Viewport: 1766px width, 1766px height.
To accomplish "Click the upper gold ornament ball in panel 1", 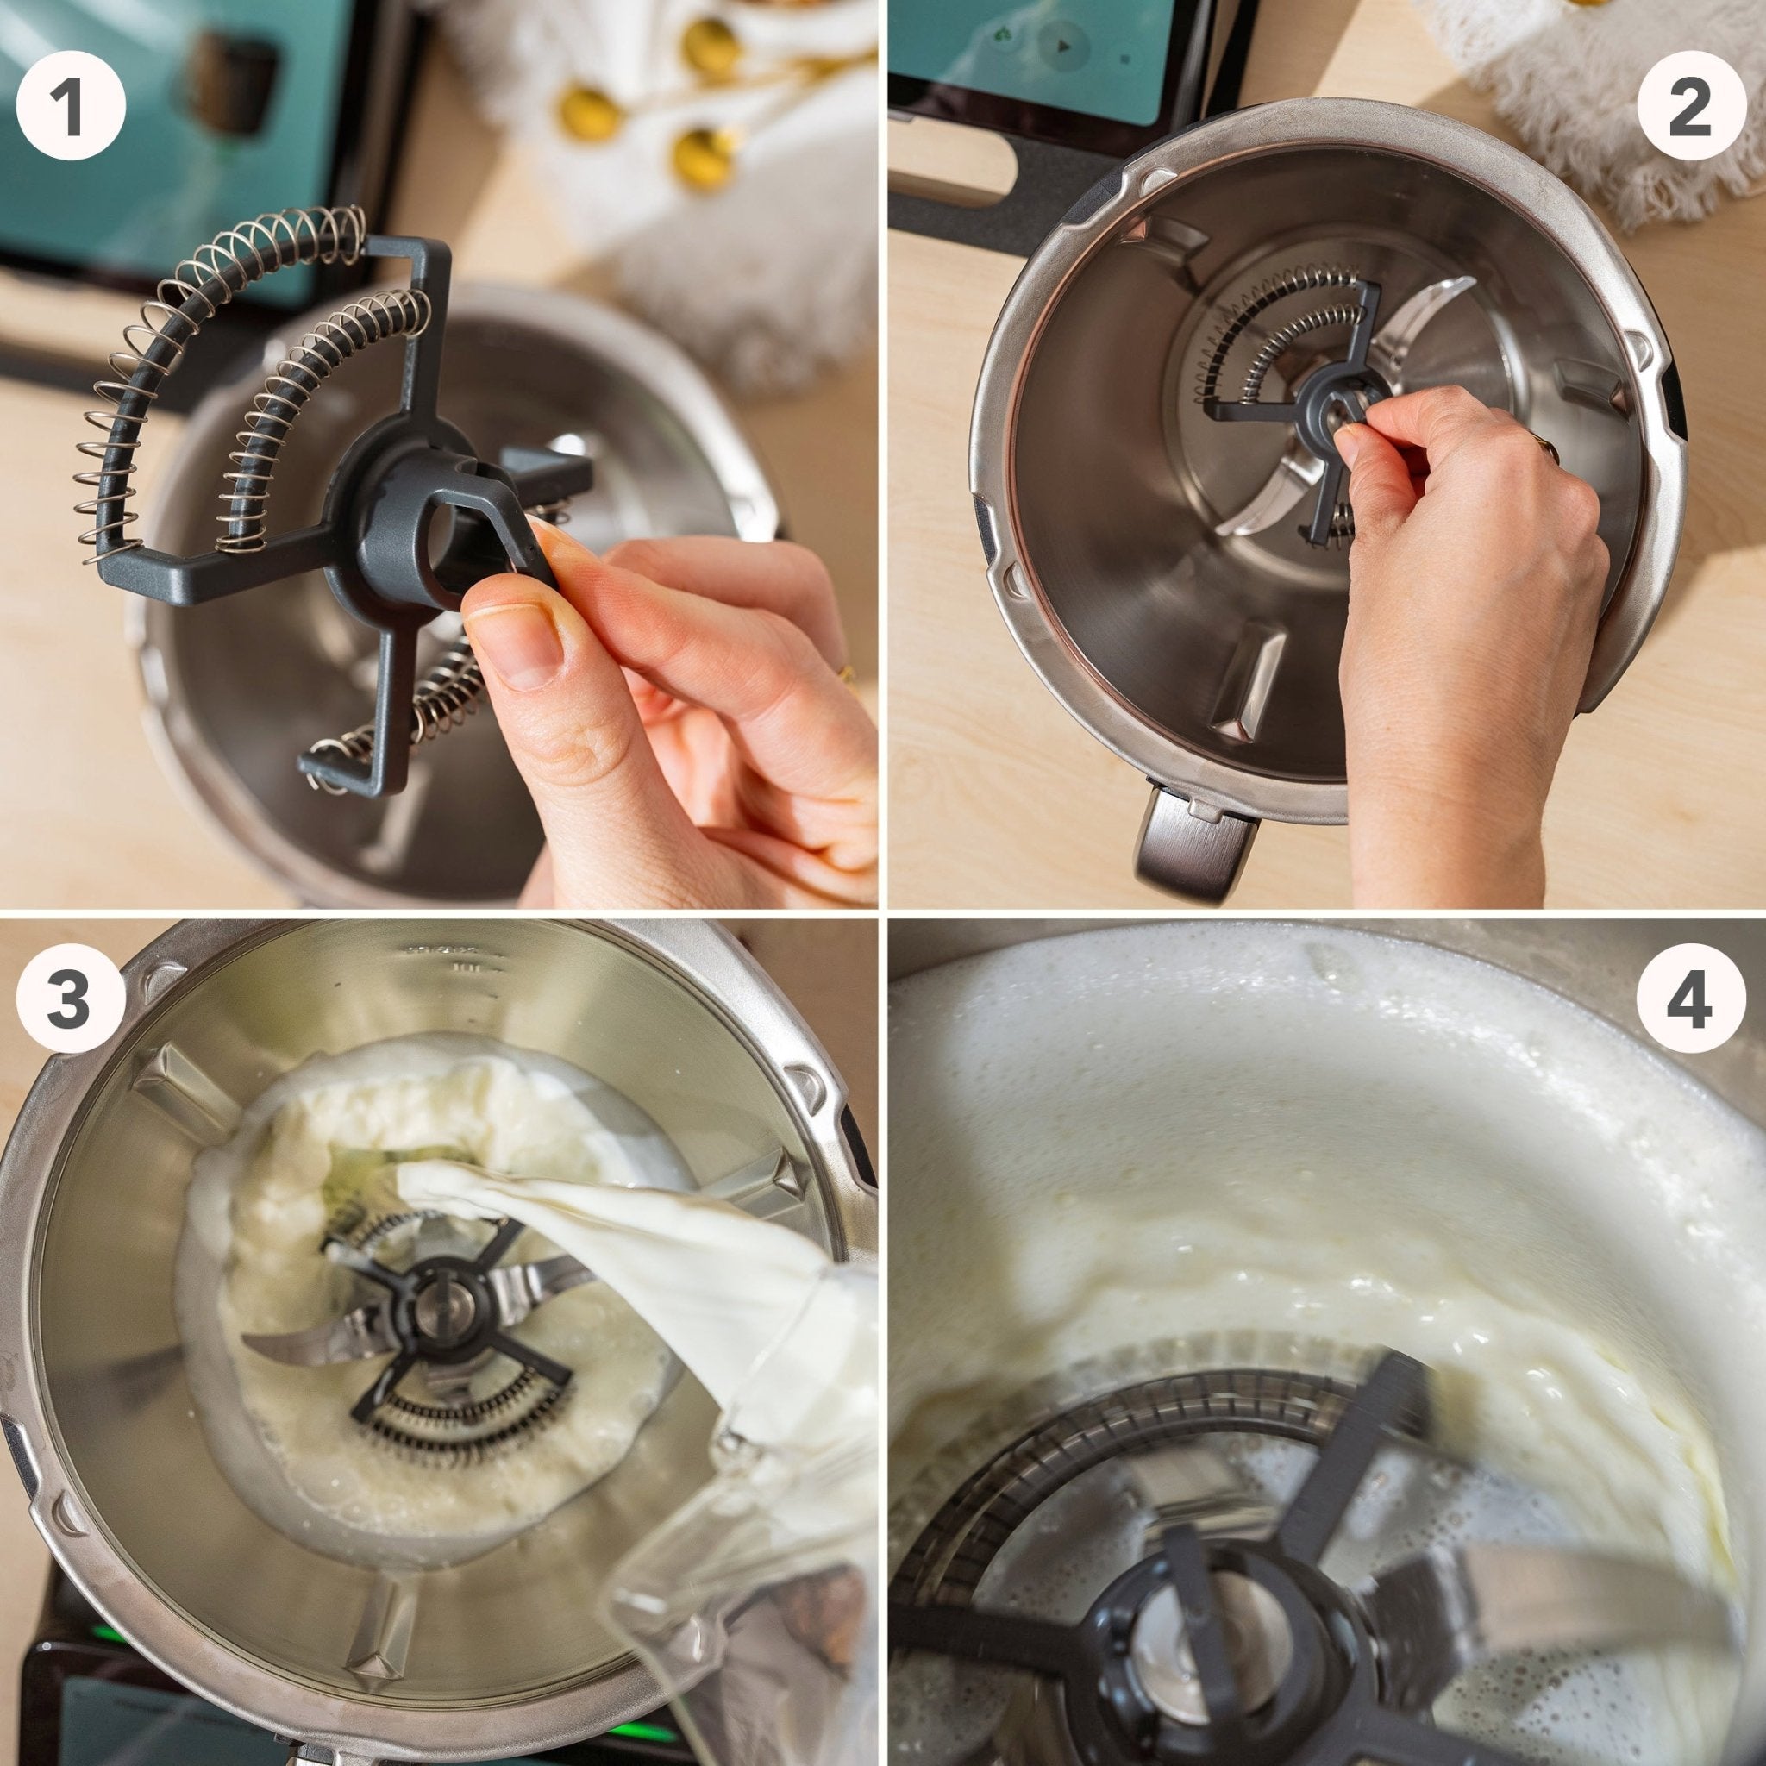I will pos(711,46).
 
